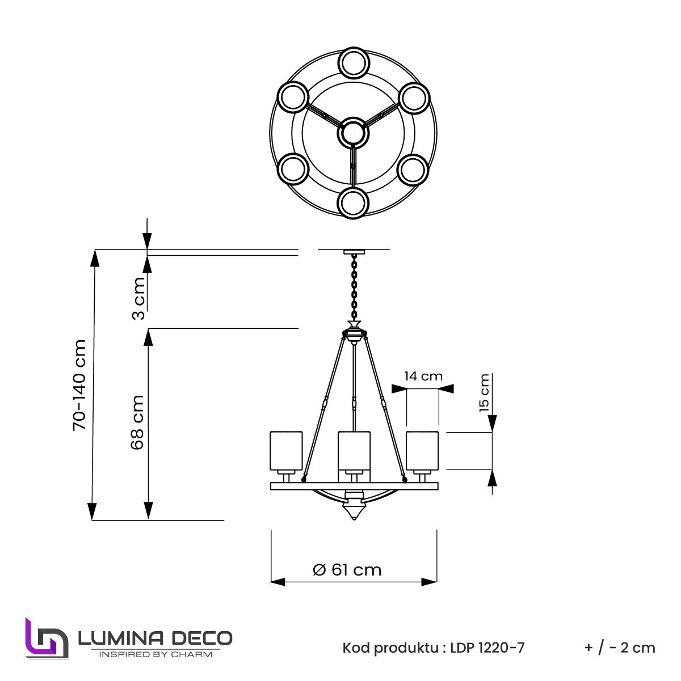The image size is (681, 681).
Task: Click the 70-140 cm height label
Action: click(79, 385)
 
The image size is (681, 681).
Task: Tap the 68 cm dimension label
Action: click(137, 422)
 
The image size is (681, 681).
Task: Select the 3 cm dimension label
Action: click(138, 299)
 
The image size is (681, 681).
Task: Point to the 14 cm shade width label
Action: click(423, 376)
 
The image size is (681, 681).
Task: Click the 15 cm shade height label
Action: click(484, 392)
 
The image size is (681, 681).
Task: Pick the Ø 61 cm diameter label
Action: click(347, 570)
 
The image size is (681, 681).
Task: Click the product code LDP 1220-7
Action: click(487, 648)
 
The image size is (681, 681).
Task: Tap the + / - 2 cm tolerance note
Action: click(620, 648)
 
